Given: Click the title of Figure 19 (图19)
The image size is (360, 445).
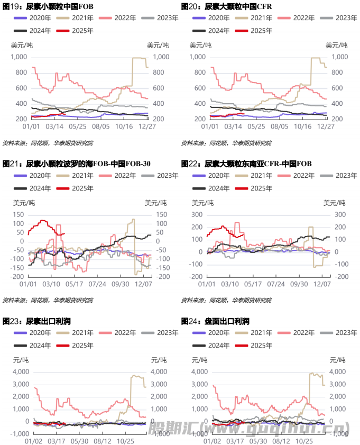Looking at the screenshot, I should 48,6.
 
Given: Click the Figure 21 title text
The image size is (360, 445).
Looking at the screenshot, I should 77,164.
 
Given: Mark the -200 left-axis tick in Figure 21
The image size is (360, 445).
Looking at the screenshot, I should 17,277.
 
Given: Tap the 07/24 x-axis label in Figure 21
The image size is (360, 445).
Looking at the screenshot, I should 97,284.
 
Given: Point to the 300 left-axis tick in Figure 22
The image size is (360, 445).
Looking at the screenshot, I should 198,214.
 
